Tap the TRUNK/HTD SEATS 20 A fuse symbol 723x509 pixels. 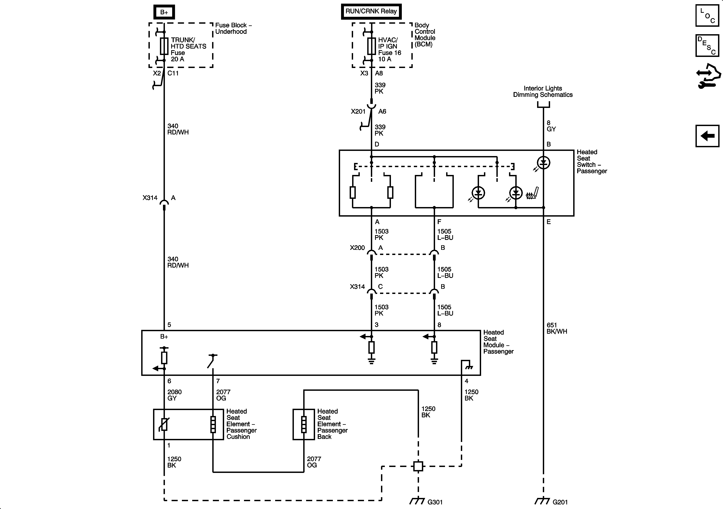[164, 46]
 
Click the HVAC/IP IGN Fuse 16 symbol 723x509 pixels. [372, 46]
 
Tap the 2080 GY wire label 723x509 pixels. [174, 395]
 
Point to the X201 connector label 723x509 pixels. [358, 111]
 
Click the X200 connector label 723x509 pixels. [357, 248]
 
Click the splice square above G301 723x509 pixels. [418, 466]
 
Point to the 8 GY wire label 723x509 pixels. [551, 126]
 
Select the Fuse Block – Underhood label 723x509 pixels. [233, 28]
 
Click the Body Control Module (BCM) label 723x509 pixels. [425, 35]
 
